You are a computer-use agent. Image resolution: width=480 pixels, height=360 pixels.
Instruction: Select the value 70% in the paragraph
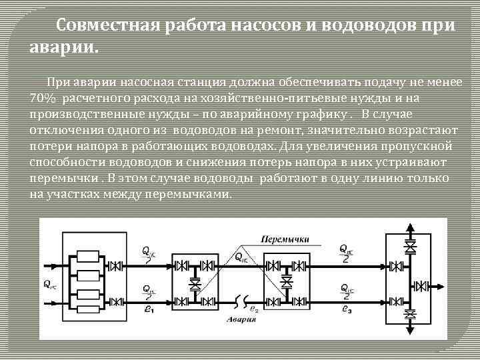pyautogui.click(x=43, y=99)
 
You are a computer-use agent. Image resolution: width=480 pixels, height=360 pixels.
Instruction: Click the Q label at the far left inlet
pyautogui.click(x=49, y=283)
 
